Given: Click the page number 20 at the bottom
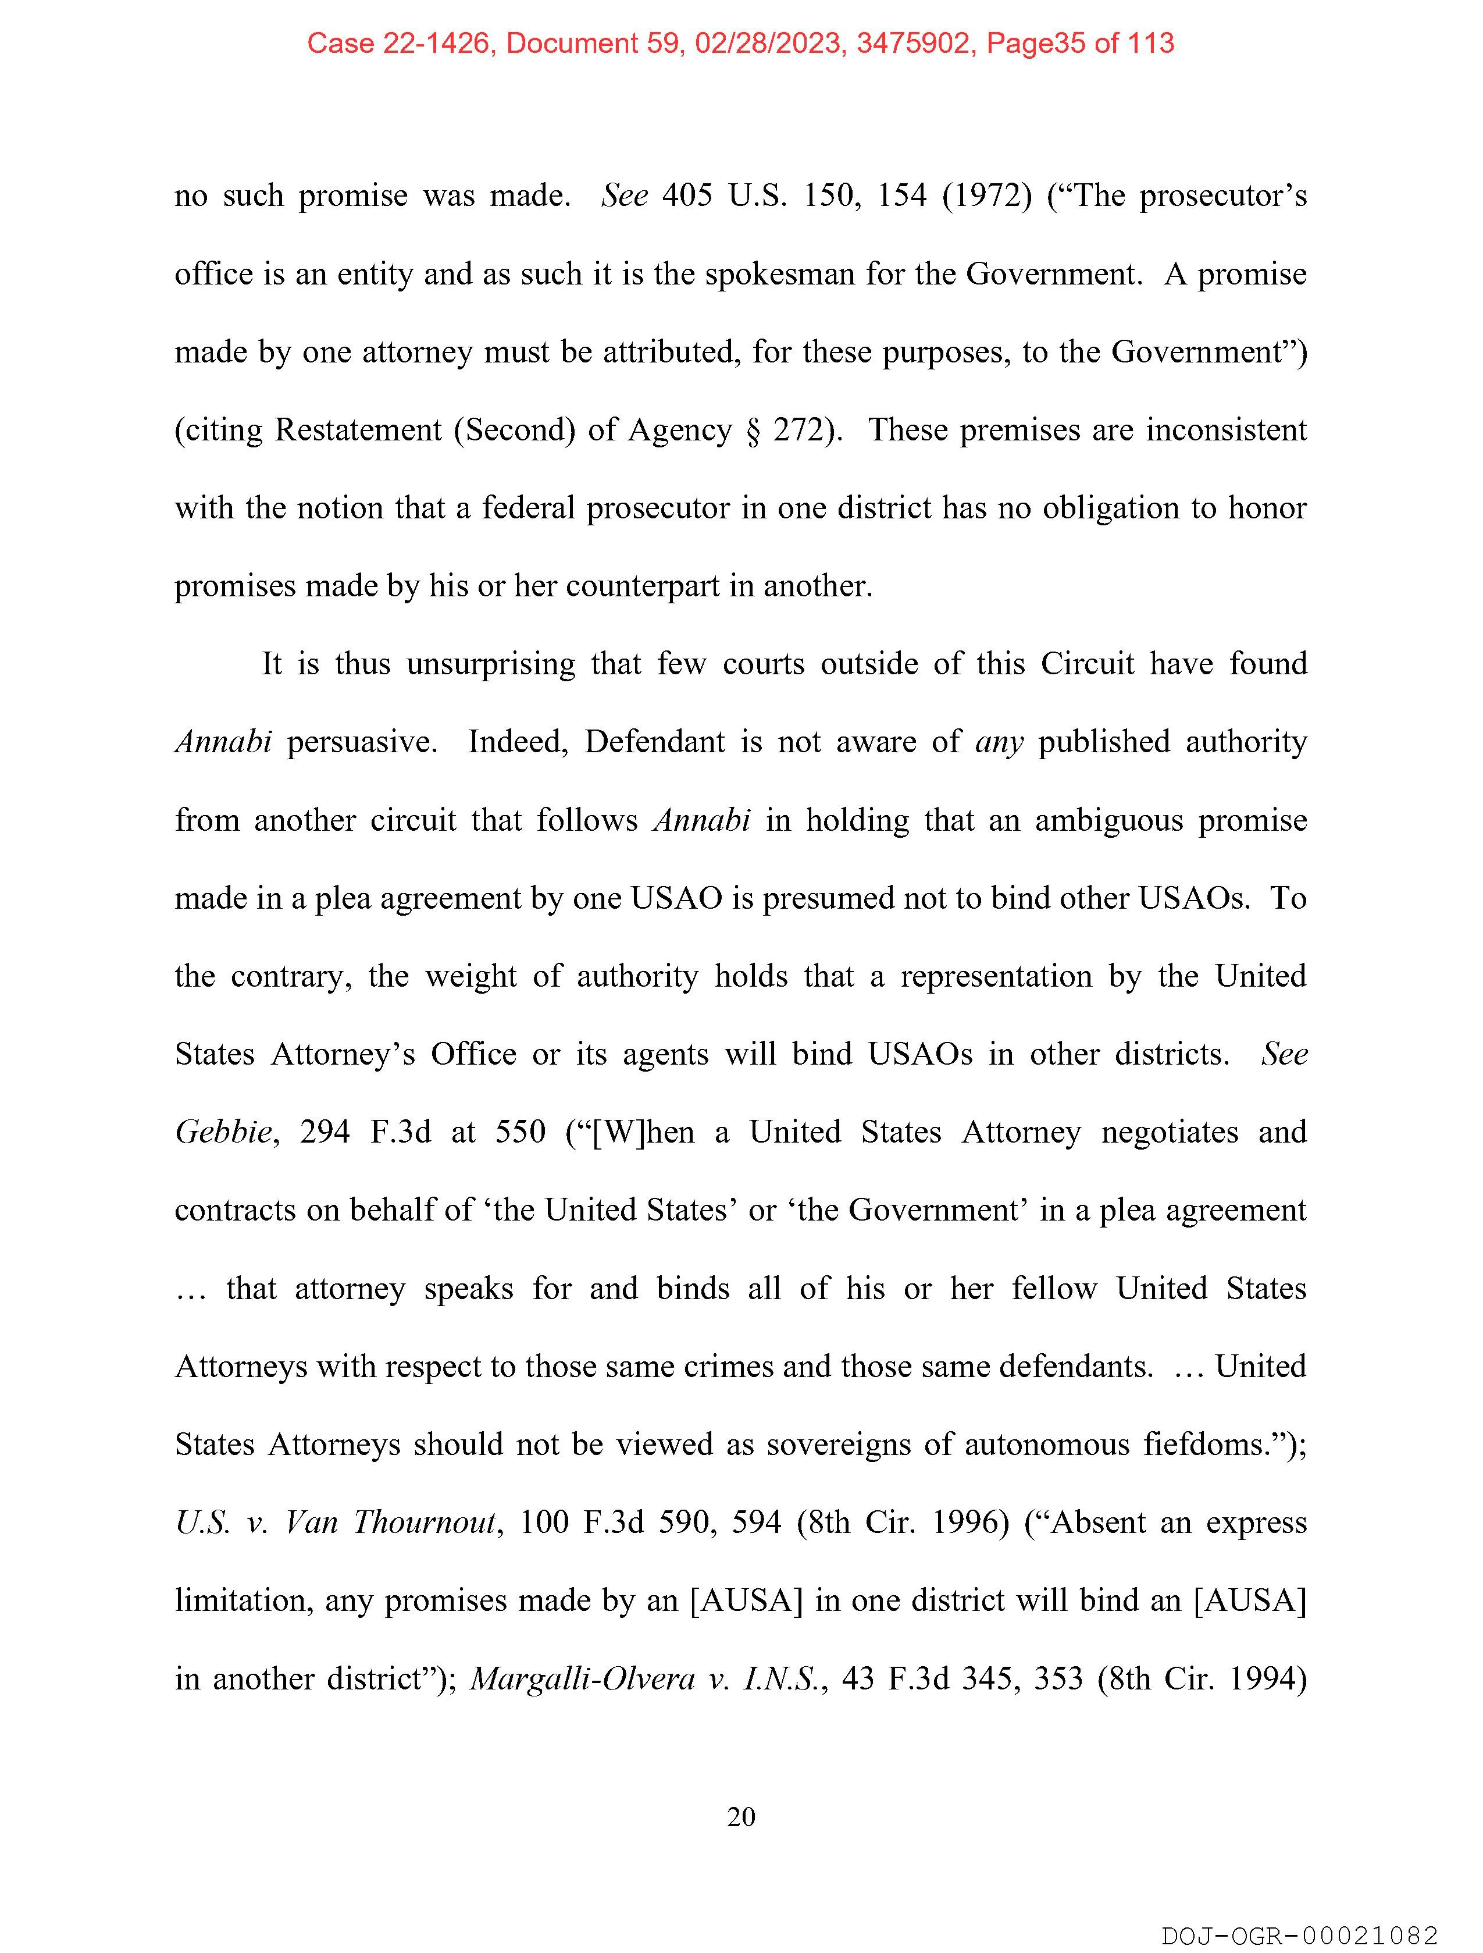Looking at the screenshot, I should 740,1817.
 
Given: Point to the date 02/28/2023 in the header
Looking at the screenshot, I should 767,43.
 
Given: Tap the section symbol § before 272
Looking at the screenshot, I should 752,430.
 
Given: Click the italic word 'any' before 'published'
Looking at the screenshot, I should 999,742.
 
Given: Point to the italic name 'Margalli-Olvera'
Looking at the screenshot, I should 583,1678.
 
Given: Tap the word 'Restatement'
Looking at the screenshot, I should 358,430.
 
